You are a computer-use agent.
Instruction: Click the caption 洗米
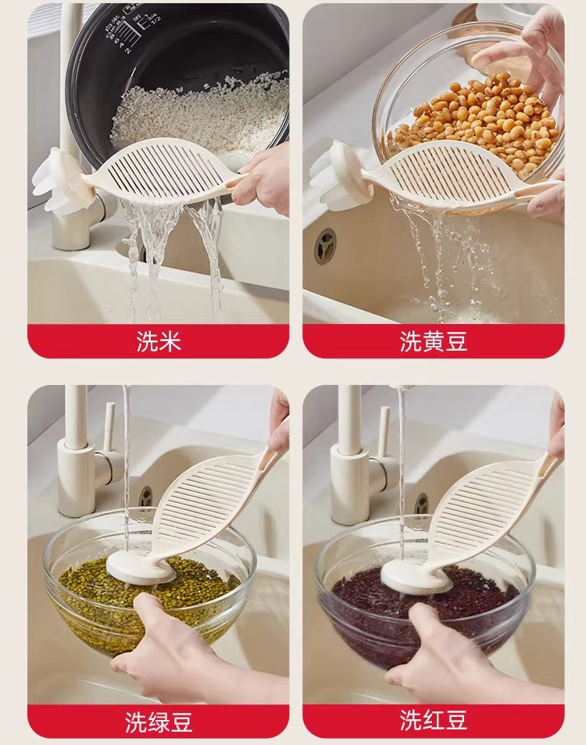(x=159, y=341)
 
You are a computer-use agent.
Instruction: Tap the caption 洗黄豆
(x=434, y=341)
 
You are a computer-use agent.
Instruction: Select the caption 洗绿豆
(x=159, y=722)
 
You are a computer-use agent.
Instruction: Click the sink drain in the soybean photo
(x=325, y=246)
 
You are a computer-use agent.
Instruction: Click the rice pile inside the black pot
(x=199, y=116)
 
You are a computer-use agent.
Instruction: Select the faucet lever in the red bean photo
(x=384, y=429)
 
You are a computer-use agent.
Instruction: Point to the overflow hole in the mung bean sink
(x=145, y=497)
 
